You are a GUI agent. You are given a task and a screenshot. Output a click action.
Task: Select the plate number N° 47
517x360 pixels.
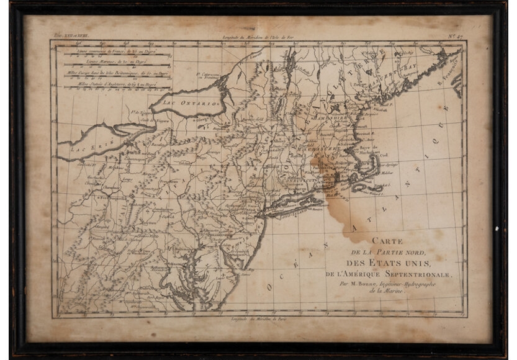456,37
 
